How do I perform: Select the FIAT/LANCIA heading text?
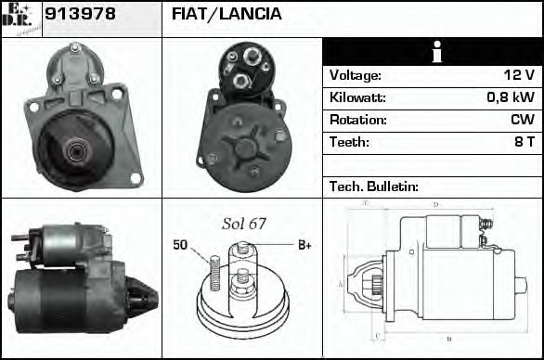tap(227, 15)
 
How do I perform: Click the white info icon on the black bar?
tap(432, 53)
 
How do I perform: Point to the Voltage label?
tap(355, 76)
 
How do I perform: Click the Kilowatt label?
tap(357, 98)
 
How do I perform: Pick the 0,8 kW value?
tap(512, 98)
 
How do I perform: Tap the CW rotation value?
tap(523, 121)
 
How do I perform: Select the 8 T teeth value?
tap(525, 143)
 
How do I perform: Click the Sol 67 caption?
tap(243, 224)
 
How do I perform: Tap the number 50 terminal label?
tap(179, 245)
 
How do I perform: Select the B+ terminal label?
tap(304, 245)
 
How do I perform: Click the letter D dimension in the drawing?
tap(435, 205)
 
